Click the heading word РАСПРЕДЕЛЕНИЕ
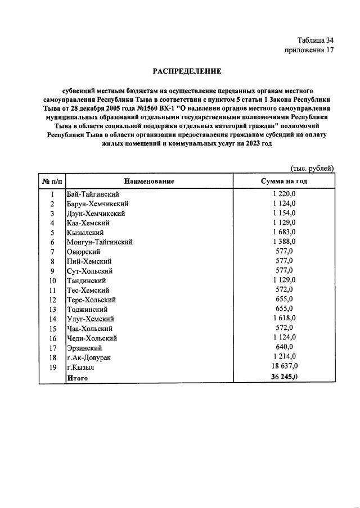187,71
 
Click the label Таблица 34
316,40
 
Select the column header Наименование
149,181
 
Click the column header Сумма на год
284,181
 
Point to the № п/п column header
52,181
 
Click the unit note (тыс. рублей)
312,168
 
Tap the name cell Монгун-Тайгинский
100,242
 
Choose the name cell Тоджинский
88,309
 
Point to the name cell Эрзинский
85,348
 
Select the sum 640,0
284,348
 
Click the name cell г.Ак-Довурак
89,357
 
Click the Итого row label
77,378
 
